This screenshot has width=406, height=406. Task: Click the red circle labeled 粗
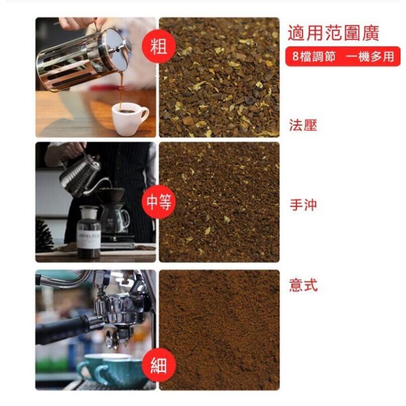[x=159, y=46]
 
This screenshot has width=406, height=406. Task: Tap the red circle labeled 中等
[x=159, y=202]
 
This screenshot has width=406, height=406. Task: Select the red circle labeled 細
[x=159, y=365]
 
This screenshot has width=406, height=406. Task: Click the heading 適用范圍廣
[x=334, y=33]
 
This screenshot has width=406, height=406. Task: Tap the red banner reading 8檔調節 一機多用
[x=343, y=57]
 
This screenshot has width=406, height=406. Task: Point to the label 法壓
[x=303, y=125]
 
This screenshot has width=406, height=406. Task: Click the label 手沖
[x=303, y=205]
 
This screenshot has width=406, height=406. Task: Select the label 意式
[x=303, y=285]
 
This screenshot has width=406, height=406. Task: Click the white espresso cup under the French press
[x=130, y=118]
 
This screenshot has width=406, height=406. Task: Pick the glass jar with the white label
[x=88, y=232]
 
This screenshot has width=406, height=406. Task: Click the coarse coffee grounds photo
[x=219, y=78]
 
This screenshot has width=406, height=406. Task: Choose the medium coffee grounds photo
[x=219, y=202]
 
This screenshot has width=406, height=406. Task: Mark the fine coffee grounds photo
[x=219, y=330]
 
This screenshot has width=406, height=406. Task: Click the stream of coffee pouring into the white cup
[x=121, y=91]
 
